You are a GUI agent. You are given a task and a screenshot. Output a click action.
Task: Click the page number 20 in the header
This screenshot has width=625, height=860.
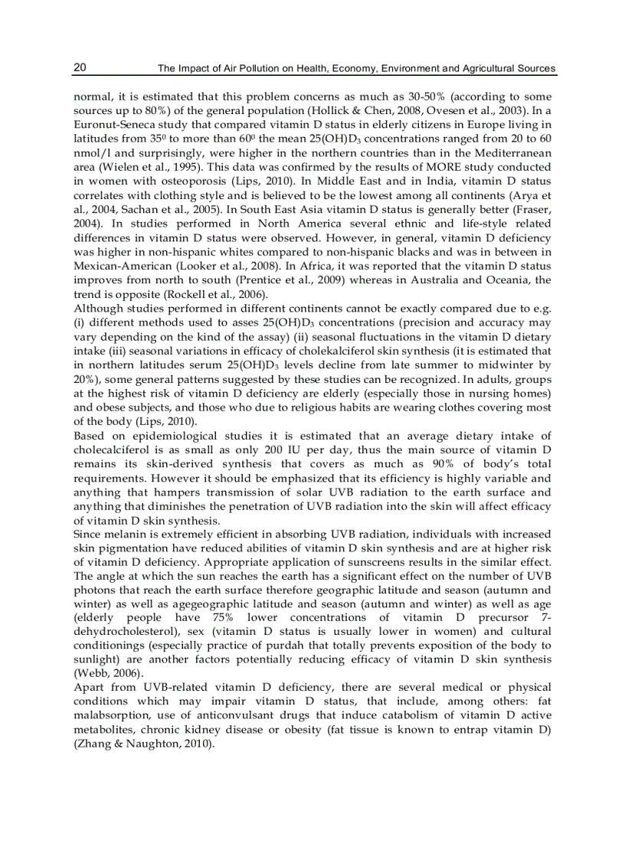80,68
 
